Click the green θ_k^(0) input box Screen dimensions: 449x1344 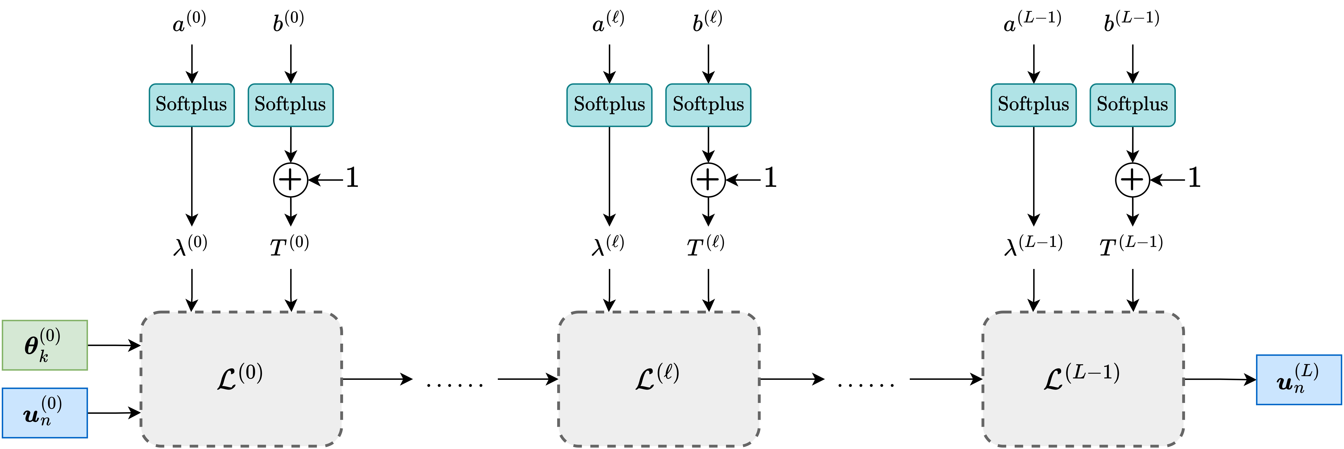[45, 345]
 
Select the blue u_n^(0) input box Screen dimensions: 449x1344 [45, 412]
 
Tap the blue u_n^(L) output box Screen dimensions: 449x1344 [1299, 380]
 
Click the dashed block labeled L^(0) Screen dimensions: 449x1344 [241, 379]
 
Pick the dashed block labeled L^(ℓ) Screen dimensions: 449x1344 [658, 379]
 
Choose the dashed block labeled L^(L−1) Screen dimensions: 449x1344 [1083, 379]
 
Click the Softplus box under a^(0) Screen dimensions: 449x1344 [191, 105]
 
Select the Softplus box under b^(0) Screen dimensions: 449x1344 [291, 105]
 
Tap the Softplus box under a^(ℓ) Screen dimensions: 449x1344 [609, 105]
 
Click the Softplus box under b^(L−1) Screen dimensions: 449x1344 [1132, 105]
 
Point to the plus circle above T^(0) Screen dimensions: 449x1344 [291, 180]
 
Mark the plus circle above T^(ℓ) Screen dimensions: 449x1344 [708, 180]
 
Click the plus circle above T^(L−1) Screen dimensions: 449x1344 [1132, 180]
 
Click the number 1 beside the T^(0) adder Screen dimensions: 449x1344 [352, 178]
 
